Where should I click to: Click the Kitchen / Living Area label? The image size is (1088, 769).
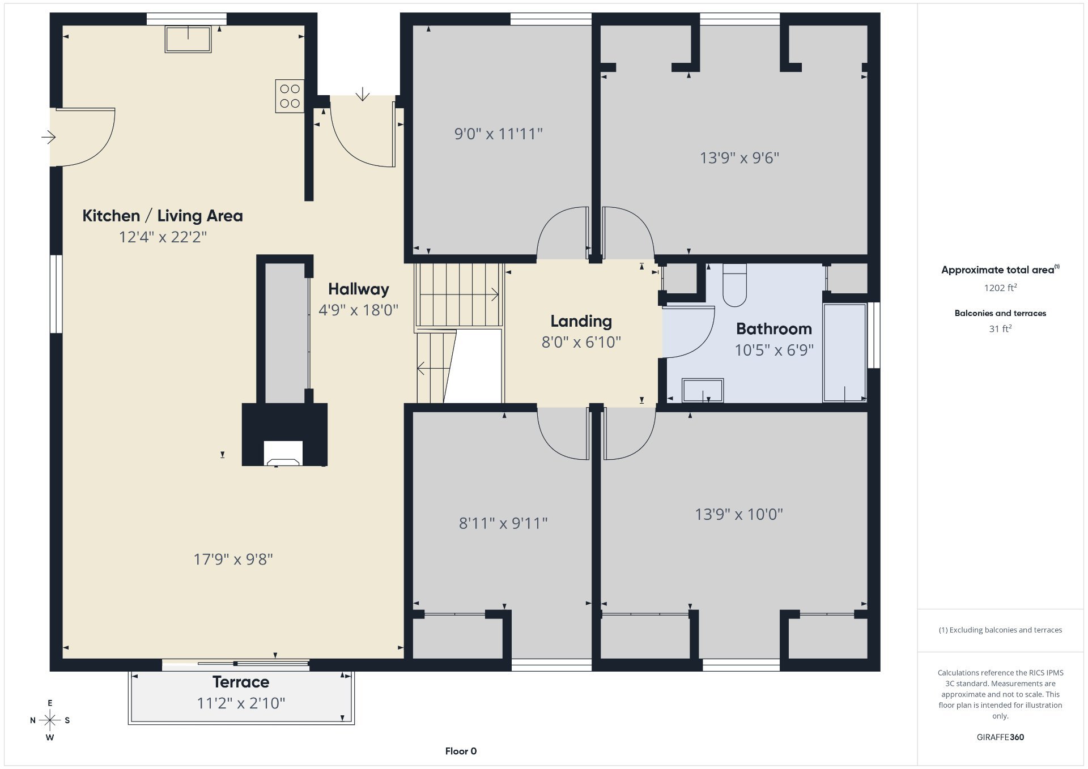tap(163, 216)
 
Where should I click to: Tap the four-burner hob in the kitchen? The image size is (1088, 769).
tap(290, 96)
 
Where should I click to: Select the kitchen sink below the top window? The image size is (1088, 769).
tap(188, 39)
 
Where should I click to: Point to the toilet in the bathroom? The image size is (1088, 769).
tap(734, 285)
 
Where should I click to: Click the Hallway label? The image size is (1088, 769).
tap(359, 289)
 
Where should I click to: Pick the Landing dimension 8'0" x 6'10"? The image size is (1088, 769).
tap(581, 342)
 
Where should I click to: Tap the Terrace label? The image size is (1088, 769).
tap(241, 682)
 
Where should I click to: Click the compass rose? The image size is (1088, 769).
tap(50, 720)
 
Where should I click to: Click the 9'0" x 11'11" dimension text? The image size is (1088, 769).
tap(499, 134)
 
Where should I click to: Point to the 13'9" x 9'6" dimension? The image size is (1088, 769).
tap(739, 158)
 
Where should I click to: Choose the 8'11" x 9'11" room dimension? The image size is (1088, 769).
tap(503, 523)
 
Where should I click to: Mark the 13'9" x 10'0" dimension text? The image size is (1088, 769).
tap(739, 514)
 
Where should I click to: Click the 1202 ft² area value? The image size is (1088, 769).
tap(1000, 288)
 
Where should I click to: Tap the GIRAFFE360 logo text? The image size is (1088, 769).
tap(1000, 737)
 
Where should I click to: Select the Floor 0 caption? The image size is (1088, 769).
tap(461, 751)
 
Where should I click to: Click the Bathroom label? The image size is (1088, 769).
tap(774, 329)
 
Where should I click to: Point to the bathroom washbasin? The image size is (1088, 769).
tap(703, 390)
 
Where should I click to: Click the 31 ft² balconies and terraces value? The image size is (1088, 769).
tap(1000, 328)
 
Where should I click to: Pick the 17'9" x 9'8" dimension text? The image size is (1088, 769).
tap(233, 559)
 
